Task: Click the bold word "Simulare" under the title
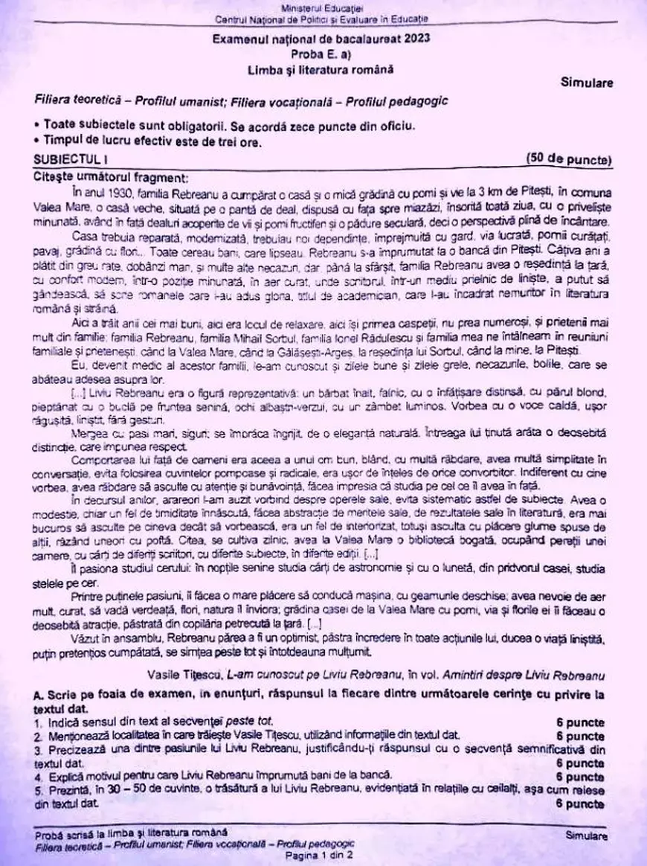click(587, 83)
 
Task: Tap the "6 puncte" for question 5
click(579, 804)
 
